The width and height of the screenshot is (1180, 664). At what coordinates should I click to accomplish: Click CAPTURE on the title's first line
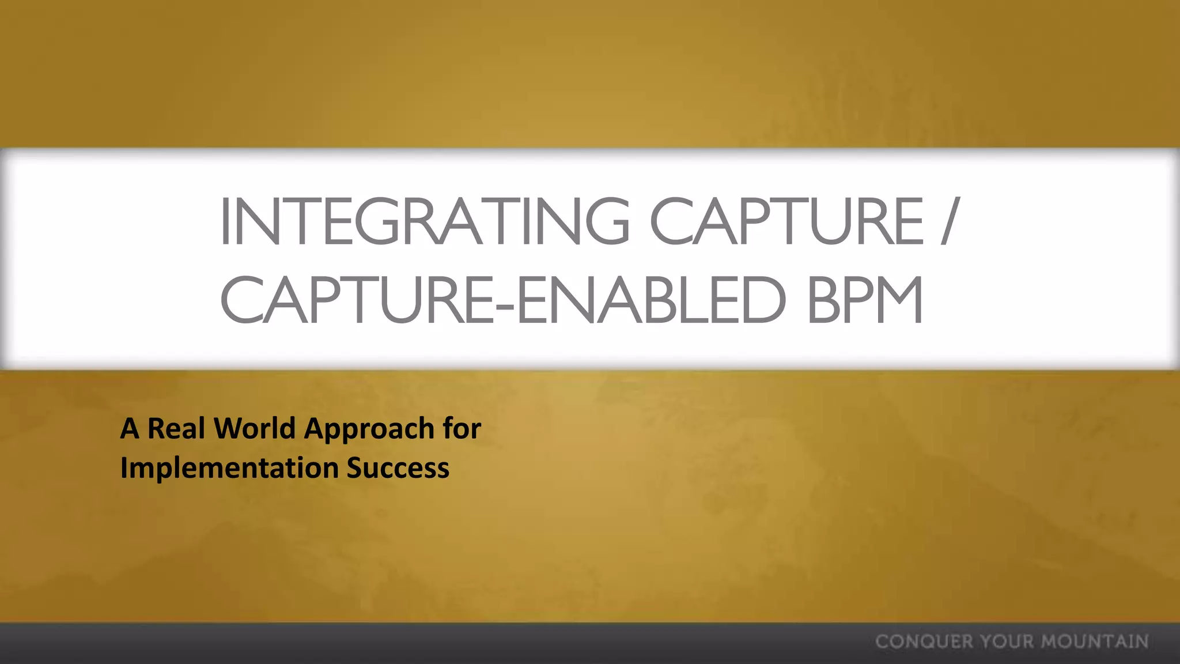(x=787, y=221)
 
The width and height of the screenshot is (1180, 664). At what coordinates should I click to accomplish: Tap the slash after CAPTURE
(x=950, y=221)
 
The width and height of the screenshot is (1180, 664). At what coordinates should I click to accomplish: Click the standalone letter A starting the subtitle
(x=130, y=429)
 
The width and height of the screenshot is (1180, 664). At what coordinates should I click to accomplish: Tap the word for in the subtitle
(x=462, y=429)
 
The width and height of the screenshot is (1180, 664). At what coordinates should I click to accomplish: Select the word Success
(x=398, y=468)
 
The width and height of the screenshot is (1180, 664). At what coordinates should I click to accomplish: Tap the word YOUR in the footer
(x=1007, y=642)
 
